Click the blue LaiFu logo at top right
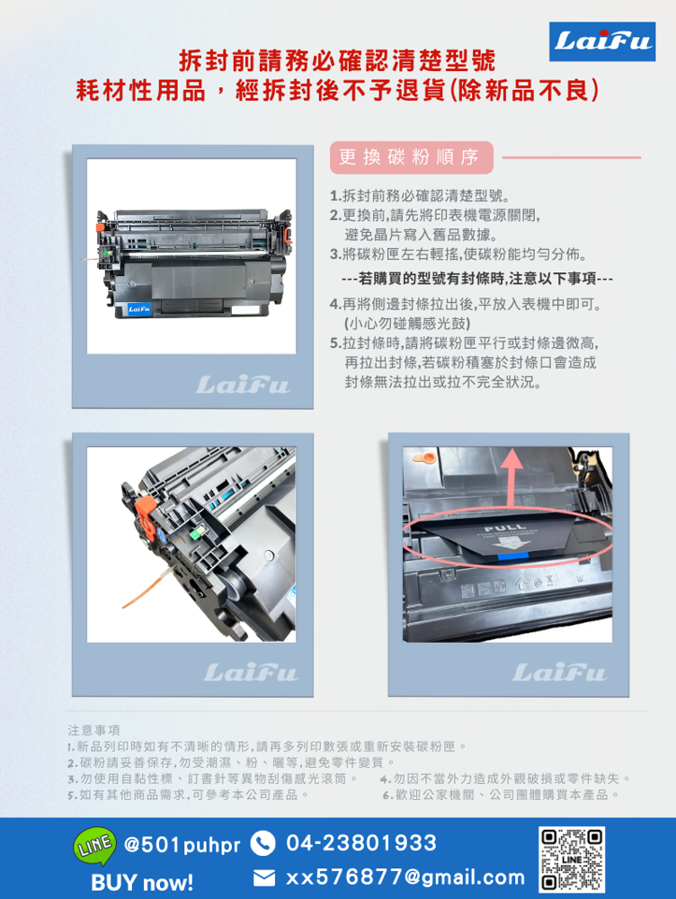(601, 41)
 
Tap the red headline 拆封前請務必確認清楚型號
(337, 62)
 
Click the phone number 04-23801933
(361, 843)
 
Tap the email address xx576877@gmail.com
(405, 877)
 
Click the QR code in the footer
(572, 859)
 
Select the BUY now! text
(142, 882)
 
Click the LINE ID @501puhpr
(182, 846)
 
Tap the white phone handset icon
(262, 843)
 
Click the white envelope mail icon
(263, 877)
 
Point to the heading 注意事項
(93, 729)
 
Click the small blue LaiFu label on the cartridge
(139, 310)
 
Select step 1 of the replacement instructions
(420, 196)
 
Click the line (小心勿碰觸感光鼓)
(407, 323)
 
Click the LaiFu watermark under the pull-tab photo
(559, 672)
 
